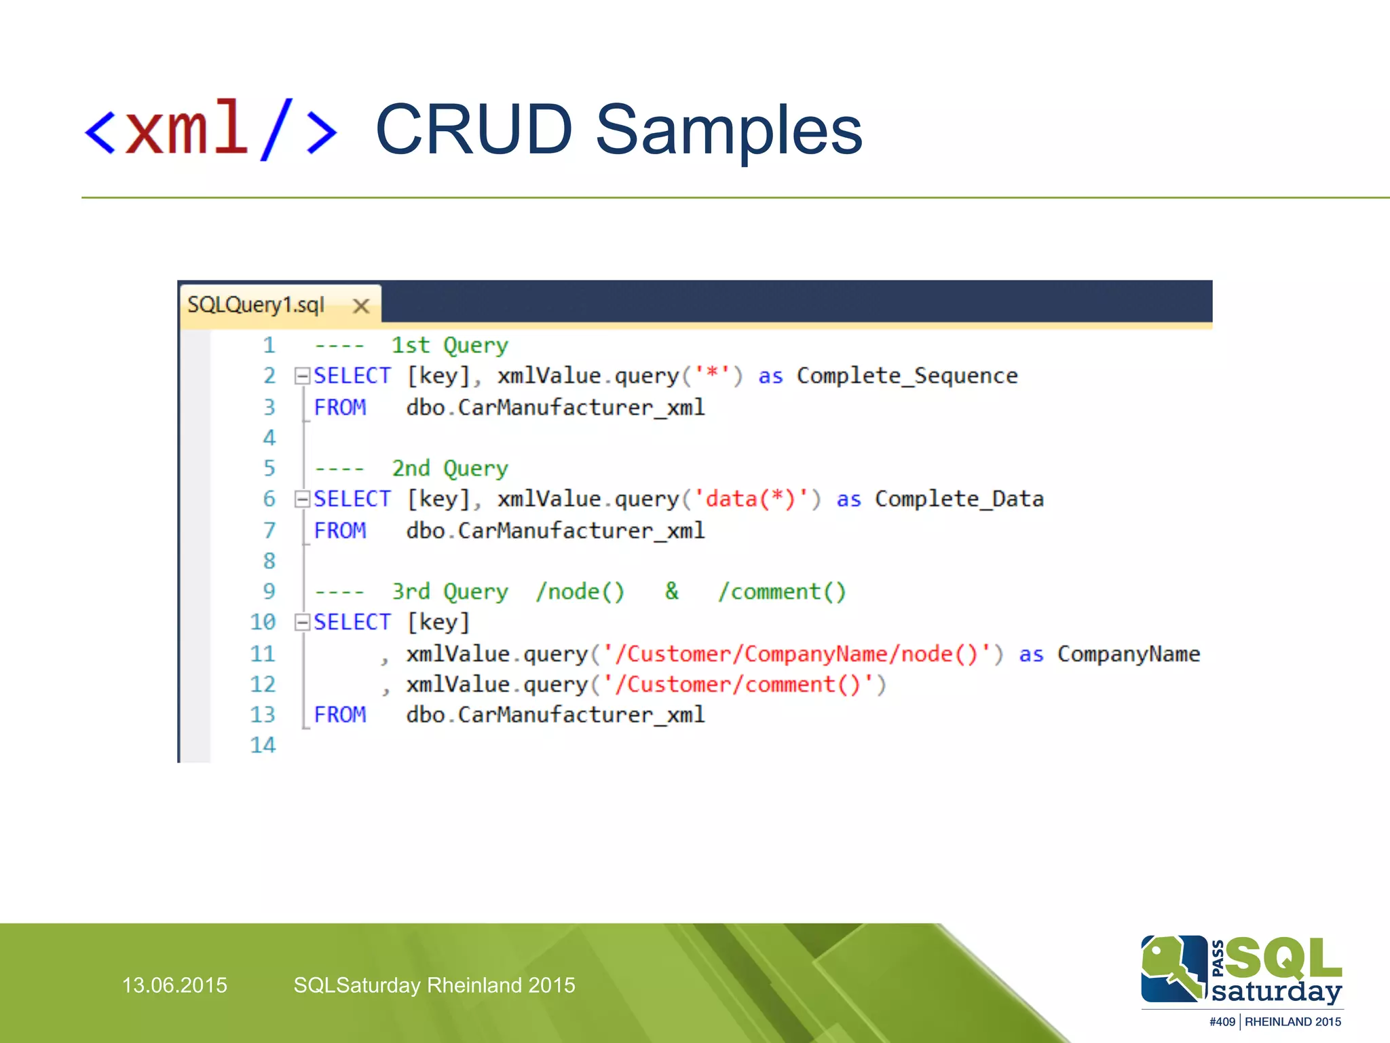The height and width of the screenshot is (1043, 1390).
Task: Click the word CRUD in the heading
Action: (474, 130)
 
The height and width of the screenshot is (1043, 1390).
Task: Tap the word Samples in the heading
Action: (728, 130)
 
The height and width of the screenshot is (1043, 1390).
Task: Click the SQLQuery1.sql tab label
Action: (256, 305)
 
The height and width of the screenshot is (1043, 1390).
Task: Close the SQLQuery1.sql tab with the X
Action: (361, 306)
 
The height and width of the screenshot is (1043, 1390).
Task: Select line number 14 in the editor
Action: (263, 746)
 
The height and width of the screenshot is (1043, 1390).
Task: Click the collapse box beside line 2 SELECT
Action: (302, 376)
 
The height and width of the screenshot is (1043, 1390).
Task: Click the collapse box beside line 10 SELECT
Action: (302, 622)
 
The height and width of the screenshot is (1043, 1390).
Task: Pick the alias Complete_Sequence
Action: (907, 376)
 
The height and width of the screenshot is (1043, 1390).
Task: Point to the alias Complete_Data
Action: (958, 500)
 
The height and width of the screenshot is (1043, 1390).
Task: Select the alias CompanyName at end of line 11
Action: (1128, 654)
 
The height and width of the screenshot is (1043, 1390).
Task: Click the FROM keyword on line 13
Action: (339, 715)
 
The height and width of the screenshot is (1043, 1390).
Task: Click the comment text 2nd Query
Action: (449, 469)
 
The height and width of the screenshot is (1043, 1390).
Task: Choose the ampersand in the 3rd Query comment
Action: (671, 591)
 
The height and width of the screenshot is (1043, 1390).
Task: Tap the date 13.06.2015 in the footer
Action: (174, 985)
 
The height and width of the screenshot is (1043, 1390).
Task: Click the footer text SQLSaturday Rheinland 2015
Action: (434, 985)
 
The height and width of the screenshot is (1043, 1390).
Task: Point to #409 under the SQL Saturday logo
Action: (1222, 1022)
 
